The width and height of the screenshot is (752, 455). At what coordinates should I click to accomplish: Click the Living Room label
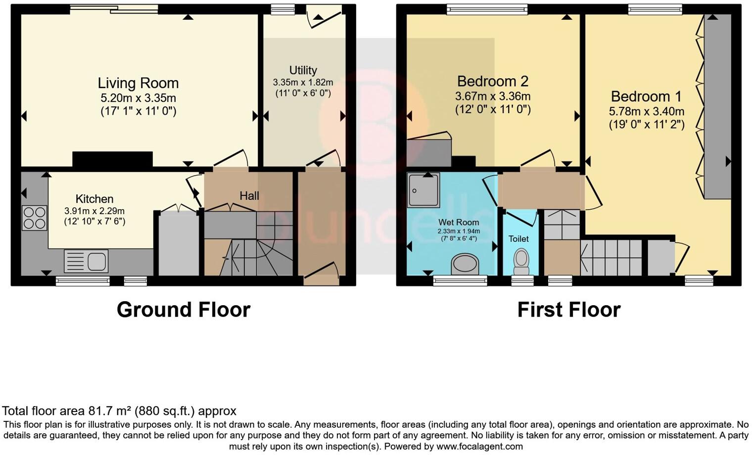pyautogui.click(x=138, y=83)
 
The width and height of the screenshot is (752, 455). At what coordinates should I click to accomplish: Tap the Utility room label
pyautogui.click(x=303, y=70)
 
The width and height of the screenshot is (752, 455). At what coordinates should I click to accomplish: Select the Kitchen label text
pyautogui.click(x=94, y=199)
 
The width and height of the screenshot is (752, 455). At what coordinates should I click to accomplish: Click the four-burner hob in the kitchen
pyautogui.click(x=34, y=218)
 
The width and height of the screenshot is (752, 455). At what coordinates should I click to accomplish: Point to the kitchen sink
pyautogui.click(x=86, y=261)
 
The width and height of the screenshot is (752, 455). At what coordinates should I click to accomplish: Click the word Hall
pyautogui.click(x=249, y=196)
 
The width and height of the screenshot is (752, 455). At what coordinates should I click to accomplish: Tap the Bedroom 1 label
pyautogui.click(x=646, y=96)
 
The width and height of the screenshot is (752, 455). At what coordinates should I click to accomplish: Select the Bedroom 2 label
pyautogui.click(x=493, y=81)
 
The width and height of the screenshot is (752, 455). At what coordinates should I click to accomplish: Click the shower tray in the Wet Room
pyautogui.click(x=423, y=190)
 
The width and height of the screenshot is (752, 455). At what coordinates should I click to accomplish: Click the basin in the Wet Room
pyautogui.click(x=465, y=264)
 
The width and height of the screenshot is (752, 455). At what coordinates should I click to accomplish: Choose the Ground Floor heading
pyautogui.click(x=184, y=310)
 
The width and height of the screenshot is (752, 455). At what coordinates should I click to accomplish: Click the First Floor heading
pyautogui.click(x=569, y=310)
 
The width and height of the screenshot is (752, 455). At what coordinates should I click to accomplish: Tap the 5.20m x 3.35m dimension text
pyautogui.click(x=138, y=98)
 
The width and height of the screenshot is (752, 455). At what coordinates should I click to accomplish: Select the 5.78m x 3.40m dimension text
pyautogui.click(x=646, y=111)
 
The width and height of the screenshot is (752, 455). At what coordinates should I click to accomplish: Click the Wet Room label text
pyautogui.click(x=459, y=223)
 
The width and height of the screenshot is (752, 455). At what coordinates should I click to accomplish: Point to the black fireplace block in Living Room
pyautogui.click(x=112, y=159)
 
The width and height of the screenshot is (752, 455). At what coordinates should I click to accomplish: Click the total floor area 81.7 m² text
pyautogui.click(x=119, y=410)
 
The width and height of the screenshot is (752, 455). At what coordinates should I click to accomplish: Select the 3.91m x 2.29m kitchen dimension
pyautogui.click(x=94, y=211)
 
